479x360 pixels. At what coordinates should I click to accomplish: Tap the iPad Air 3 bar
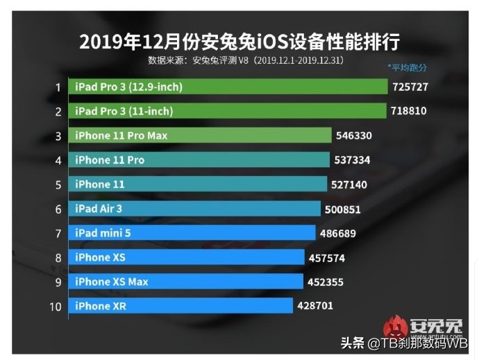coord(194,208)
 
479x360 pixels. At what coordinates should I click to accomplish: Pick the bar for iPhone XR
coord(180,306)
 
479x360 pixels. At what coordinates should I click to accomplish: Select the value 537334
coord(352,160)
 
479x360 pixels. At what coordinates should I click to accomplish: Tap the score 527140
coord(348,185)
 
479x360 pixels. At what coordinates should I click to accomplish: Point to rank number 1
coord(59,87)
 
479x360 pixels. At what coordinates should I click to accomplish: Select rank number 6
coord(59,209)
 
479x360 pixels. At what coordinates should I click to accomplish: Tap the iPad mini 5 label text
coord(103,233)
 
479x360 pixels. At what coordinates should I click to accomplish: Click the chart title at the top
coord(239,41)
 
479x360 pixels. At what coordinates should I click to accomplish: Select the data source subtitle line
coord(246,60)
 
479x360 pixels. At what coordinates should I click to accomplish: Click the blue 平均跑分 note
coord(407,68)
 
